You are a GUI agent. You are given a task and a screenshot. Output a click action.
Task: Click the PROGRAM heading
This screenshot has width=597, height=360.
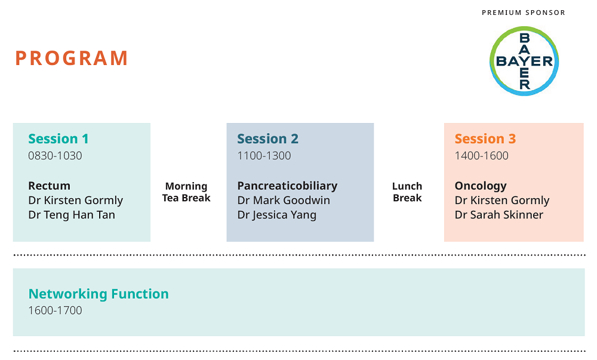(71, 59)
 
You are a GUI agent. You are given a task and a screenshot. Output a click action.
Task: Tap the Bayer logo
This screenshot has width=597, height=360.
(524, 61)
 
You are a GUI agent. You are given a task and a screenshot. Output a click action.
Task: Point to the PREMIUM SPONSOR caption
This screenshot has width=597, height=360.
(524, 13)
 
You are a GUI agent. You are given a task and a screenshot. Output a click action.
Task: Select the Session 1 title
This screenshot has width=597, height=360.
(59, 139)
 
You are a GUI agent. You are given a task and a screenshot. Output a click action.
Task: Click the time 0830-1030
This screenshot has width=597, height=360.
(55, 156)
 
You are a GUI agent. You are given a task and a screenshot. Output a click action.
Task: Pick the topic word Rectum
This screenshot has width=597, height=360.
(49, 186)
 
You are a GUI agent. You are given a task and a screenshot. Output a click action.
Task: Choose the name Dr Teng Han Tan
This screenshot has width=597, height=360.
(72, 215)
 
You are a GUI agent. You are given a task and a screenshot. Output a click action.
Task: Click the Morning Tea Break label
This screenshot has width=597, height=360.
(186, 192)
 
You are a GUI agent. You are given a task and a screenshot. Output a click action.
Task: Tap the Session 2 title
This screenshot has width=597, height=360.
(267, 139)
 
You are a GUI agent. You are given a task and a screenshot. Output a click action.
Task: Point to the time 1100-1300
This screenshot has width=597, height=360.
(264, 156)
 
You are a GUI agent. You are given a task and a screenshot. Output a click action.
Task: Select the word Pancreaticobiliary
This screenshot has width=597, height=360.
(288, 186)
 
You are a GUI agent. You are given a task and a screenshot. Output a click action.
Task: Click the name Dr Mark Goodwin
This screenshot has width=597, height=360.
(284, 200)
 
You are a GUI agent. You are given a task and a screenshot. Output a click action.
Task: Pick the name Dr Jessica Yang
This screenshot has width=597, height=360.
(277, 215)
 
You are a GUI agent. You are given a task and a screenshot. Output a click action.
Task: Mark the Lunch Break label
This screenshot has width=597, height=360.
(407, 192)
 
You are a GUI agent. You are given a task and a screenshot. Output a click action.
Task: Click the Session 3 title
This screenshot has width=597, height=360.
(485, 139)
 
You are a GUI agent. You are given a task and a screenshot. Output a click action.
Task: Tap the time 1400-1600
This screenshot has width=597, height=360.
(482, 156)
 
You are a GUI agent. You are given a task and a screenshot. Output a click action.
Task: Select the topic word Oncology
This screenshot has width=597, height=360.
(481, 186)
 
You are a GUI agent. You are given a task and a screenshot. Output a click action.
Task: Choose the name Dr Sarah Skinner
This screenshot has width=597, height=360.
(498, 215)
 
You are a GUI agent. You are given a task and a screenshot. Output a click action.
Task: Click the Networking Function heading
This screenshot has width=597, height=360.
(99, 294)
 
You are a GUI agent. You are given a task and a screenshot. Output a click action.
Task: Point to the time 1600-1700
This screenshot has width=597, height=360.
(55, 310)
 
